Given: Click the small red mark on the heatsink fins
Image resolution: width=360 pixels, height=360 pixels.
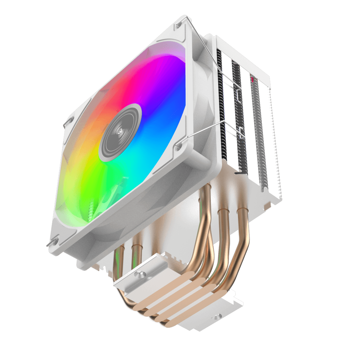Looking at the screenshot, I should tap(252, 81).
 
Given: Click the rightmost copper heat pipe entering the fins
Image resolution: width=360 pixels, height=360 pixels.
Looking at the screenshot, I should tap(243, 225).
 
